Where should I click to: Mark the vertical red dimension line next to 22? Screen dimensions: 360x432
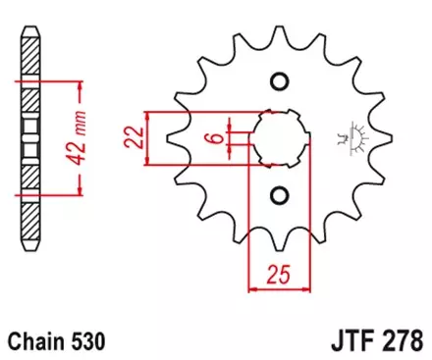pyautogui.click(x=147, y=136)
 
